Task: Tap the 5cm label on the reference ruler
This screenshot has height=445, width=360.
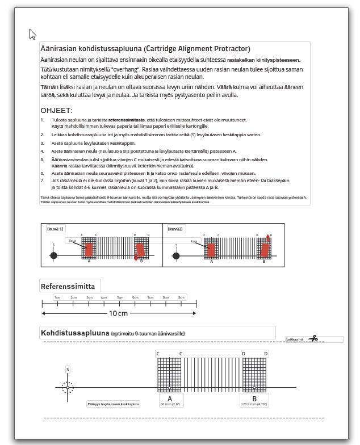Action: [x=120, y=297]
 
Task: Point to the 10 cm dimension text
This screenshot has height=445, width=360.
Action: [x=119, y=313]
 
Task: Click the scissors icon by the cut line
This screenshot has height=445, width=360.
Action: [x=313, y=339]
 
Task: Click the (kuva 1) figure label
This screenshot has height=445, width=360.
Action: [x=55, y=229]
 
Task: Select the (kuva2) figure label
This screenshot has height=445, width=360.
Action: [x=175, y=229]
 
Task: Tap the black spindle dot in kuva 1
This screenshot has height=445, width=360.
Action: [x=54, y=255]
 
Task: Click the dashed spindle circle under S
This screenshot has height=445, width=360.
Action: [x=68, y=388]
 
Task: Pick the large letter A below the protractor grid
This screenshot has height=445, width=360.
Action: [x=169, y=398]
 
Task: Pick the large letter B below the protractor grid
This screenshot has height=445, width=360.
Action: [x=254, y=398]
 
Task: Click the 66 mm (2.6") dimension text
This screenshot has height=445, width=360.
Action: [x=170, y=404]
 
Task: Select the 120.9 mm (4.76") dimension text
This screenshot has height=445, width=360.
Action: [x=254, y=404]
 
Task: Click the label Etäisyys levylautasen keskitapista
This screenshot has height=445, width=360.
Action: [x=114, y=404]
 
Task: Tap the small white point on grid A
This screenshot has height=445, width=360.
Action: [x=169, y=388]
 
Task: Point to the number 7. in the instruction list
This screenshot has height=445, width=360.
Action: [x=42, y=180]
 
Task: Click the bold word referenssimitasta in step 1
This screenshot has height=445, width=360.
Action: [x=127, y=120]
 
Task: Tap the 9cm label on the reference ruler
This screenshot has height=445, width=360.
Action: [x=181, y=297]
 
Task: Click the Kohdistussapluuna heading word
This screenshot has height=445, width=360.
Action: [x=74, y=333]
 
